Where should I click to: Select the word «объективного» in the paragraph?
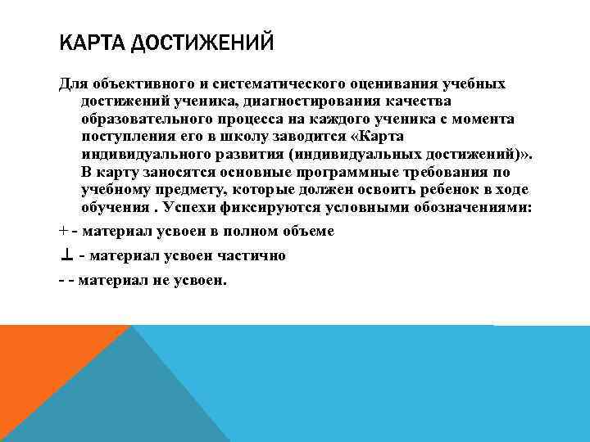click(134, 84)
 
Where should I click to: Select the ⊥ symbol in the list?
click(66, 255)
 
